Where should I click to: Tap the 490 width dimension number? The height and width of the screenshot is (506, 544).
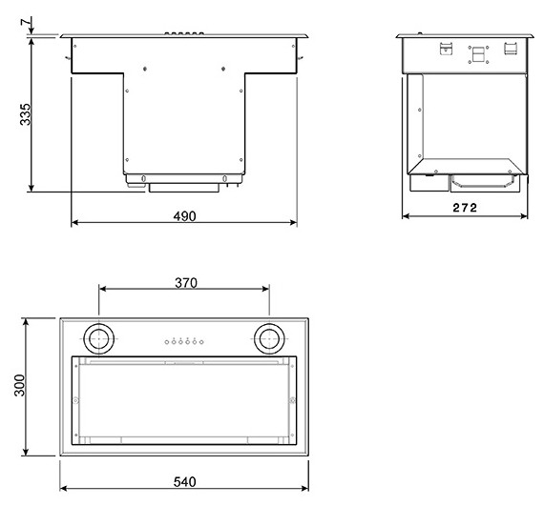[x=184, y=216]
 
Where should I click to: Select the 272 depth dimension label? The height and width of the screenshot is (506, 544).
[x=464, y=206]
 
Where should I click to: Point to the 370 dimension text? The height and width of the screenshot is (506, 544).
[x=185, y=282]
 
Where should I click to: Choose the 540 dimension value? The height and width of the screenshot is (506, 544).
[x=185, y=482]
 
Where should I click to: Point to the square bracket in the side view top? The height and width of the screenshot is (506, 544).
[x=480, y=54]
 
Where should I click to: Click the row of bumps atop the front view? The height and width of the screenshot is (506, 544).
[x=184, y=33]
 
